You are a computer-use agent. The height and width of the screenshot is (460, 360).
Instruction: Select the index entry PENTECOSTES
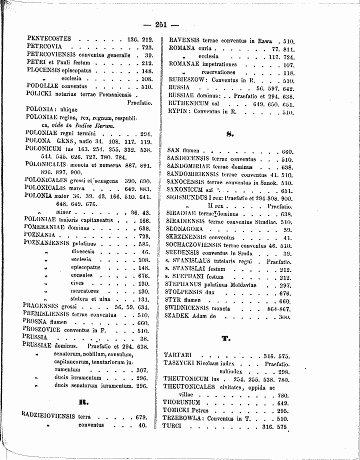[x=49, y=38]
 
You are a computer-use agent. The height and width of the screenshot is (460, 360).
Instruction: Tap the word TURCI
[x=173, y=426]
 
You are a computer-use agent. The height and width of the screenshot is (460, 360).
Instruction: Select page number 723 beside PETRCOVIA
[x=147, y=46]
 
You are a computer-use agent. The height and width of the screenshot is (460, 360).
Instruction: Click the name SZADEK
[x=177, y=317]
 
